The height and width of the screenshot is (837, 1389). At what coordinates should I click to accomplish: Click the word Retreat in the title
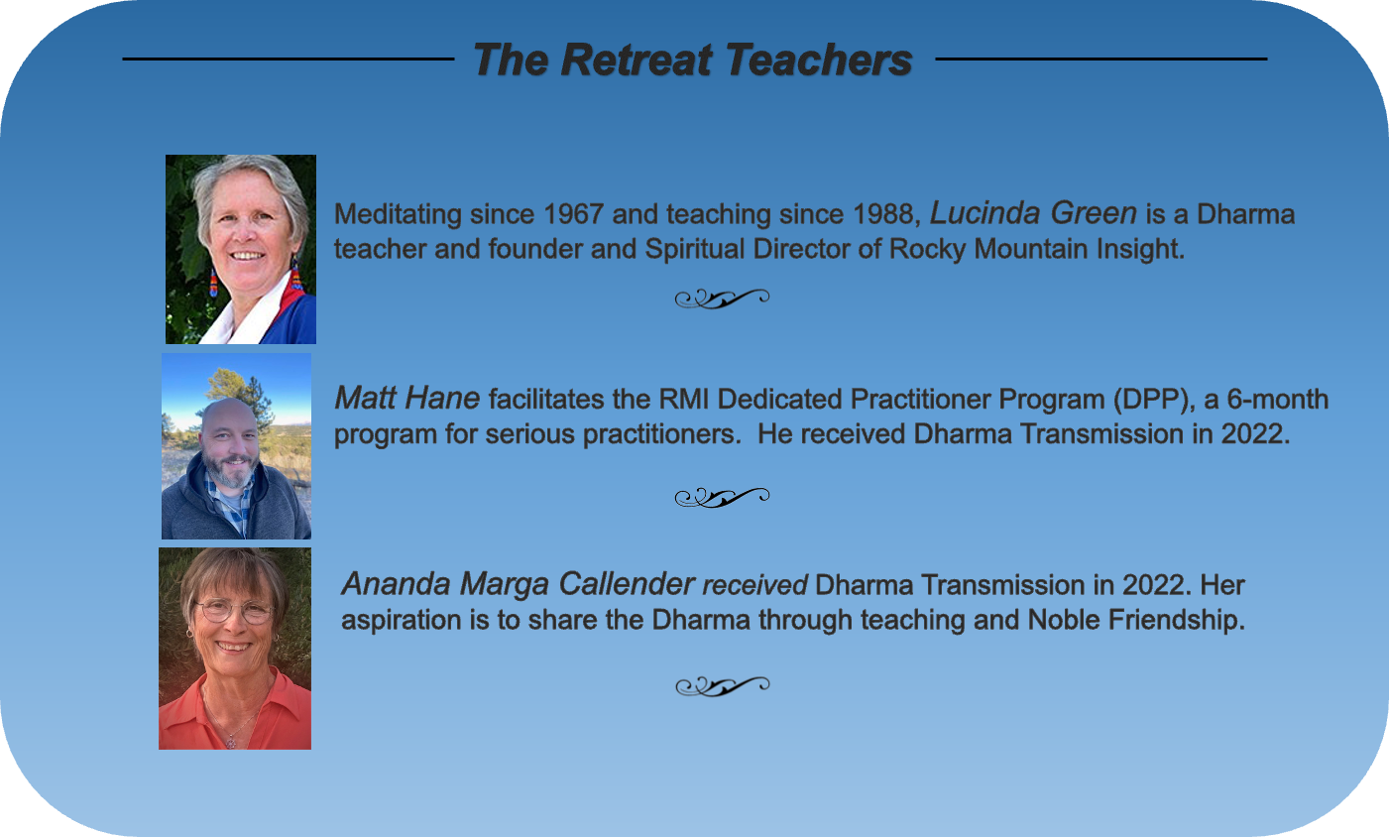637,60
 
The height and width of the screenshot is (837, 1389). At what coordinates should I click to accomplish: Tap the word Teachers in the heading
818,60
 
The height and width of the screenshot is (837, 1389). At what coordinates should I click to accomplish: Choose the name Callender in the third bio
627,584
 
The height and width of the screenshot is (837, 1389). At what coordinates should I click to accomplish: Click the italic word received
754,585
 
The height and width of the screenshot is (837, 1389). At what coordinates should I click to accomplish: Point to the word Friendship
1176,620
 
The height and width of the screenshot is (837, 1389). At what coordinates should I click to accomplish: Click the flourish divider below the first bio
723,299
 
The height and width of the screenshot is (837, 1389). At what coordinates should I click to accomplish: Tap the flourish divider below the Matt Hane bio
723,497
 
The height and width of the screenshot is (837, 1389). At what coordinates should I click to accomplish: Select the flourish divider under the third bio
723,685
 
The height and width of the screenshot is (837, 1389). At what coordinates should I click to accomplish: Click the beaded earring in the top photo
213,283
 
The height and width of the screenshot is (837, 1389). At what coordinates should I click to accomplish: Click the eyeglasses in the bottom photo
234,611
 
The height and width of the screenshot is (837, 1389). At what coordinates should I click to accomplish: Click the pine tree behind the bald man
243,391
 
